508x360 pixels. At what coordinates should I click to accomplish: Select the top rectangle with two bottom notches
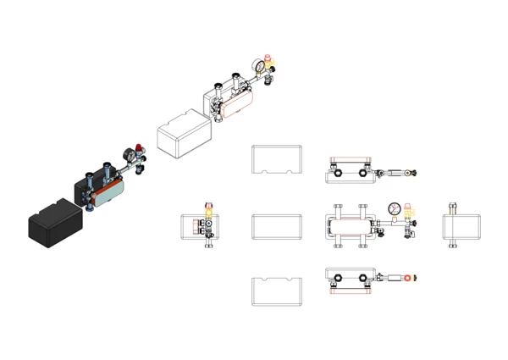tap(277, 159)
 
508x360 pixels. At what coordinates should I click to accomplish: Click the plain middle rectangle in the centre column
tap(277, 229)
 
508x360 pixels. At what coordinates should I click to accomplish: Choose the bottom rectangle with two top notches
tap(277, 291)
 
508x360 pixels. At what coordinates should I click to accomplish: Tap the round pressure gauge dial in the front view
tap(394, 208)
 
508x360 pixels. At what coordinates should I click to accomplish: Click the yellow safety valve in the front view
tap(408, 211)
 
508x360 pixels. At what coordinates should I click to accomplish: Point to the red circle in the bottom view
tap(410, 278)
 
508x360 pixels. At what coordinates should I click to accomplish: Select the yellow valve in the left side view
tap(208, 209)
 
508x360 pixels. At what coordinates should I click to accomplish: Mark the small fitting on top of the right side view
tap(452, 207)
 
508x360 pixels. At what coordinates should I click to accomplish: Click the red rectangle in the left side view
tap(196, 226)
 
